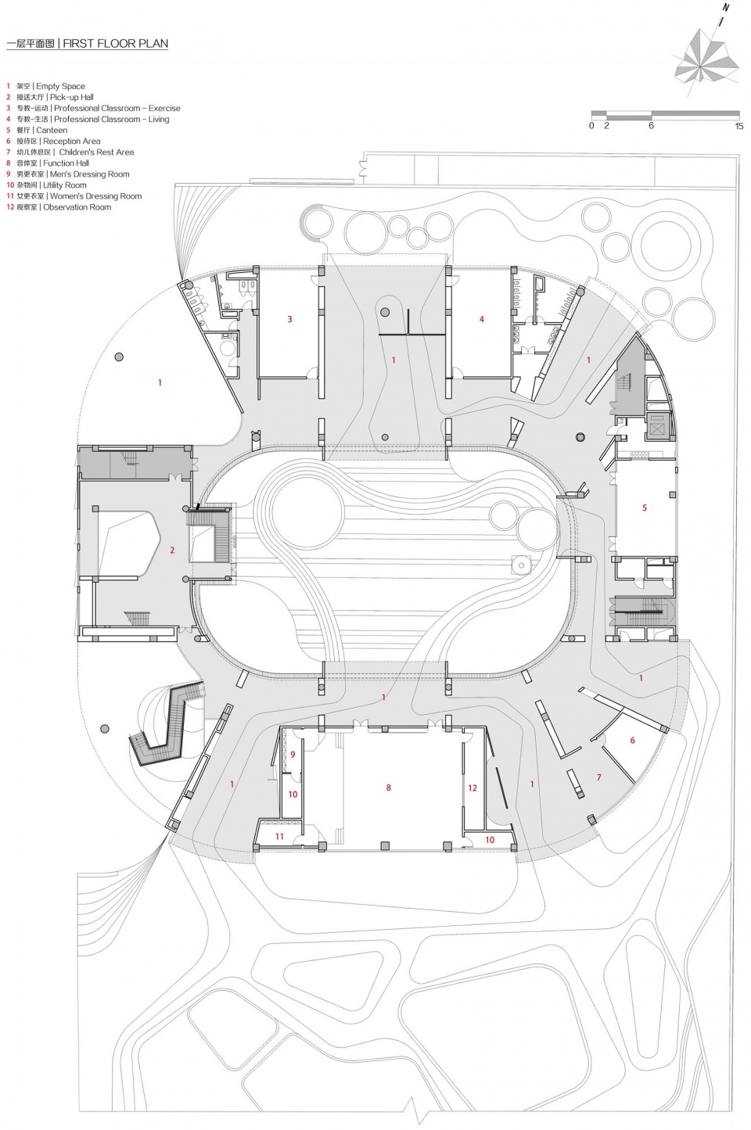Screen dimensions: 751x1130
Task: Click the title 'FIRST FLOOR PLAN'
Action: (x=115, y=43)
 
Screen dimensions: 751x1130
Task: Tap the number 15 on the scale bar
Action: (x=739, y=126)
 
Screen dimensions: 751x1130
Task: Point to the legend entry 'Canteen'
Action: (x=52, y=130)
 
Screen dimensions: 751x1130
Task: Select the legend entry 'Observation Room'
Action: (x=77, y=207)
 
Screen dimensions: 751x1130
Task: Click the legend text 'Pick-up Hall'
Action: (x=72, y=98)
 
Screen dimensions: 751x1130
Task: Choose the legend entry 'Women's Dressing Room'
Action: (x=96, y=196)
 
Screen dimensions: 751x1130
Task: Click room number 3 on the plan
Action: (x=289, y=319)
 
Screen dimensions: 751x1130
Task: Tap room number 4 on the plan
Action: (x=481, y=319)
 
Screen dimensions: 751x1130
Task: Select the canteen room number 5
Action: (x=644, y=508)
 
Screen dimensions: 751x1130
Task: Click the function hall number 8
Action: (x=388, y=787)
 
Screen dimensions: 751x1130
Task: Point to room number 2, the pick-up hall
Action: (x=172, y=550)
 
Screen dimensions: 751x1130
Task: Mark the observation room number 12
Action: (x=473, y=788)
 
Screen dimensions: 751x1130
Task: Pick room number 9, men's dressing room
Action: (x=293, y=755)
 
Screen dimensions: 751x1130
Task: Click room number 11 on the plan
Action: (x=279, y=837)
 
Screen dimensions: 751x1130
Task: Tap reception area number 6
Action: (x=632, y=740)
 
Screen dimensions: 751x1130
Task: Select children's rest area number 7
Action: (x=599, y=777)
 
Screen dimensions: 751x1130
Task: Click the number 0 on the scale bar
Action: (x=591, y=126)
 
